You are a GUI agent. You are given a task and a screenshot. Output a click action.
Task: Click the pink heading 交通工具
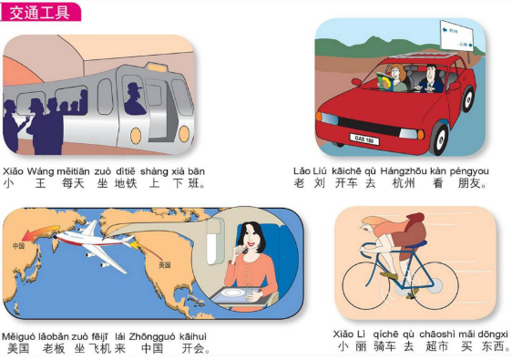(x=40, y=13)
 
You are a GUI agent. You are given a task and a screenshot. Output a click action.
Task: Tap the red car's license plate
(x=364, y=139)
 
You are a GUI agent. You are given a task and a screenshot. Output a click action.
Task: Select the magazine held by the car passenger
(x=385, y=81)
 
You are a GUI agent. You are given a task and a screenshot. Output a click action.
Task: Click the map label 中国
(x=18, y=245)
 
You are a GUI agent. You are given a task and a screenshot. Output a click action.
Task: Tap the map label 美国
(x=165, y=264)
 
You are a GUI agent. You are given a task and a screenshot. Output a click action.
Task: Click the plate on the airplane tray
(x=233, y=293)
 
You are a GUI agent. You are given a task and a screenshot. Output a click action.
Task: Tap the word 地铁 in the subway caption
(x=126, y=183)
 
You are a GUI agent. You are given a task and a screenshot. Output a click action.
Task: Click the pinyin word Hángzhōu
(x=404, y=170)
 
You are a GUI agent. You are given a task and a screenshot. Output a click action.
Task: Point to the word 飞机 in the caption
(x=100, y=348)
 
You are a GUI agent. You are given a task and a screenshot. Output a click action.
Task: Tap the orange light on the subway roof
(x=156, y=67)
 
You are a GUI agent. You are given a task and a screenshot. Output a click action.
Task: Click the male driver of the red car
(x=430, y=79)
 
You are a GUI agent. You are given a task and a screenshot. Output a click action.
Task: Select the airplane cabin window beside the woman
(x=214, y=242)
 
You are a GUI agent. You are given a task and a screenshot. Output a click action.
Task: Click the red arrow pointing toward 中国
(x=41, y=231)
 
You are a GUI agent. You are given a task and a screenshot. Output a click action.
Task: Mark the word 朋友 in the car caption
(x=469, y=183)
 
